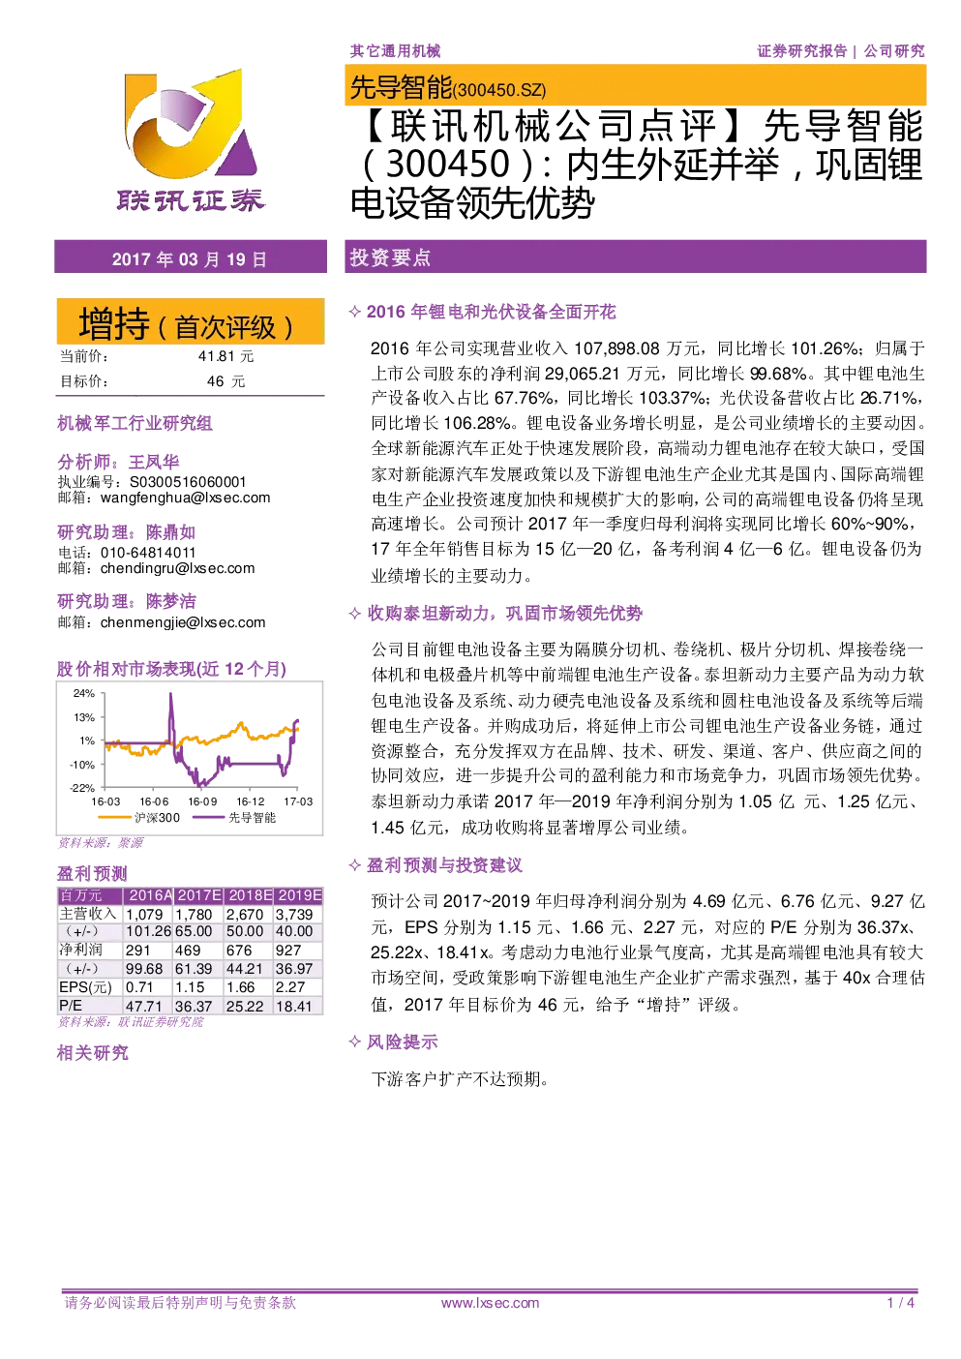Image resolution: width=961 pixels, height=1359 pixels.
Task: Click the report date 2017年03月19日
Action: (190, 259)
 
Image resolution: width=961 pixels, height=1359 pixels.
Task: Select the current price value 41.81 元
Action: (225, 356)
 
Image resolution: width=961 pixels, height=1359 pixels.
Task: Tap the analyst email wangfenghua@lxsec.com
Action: (185, 498)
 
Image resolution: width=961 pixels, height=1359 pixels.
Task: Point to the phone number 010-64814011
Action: (148, 553)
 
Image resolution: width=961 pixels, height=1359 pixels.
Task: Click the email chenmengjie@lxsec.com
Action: (183, 622)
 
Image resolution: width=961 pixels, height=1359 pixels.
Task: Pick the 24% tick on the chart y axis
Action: (84, 693)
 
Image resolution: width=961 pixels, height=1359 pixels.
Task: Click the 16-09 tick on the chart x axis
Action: (202, 801)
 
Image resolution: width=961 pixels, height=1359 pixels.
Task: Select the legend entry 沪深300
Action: (139, 818)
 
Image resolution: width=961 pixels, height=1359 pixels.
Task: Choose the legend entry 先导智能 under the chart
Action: (234, 818)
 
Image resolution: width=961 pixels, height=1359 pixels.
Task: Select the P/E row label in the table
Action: (71, 1006)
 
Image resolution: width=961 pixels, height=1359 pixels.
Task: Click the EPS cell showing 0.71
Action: (139, 987)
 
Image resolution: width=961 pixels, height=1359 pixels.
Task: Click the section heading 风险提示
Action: (403, 1042)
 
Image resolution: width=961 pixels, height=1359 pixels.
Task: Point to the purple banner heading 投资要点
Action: (390, 257)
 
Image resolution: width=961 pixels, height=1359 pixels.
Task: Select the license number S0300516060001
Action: (188, 482)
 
